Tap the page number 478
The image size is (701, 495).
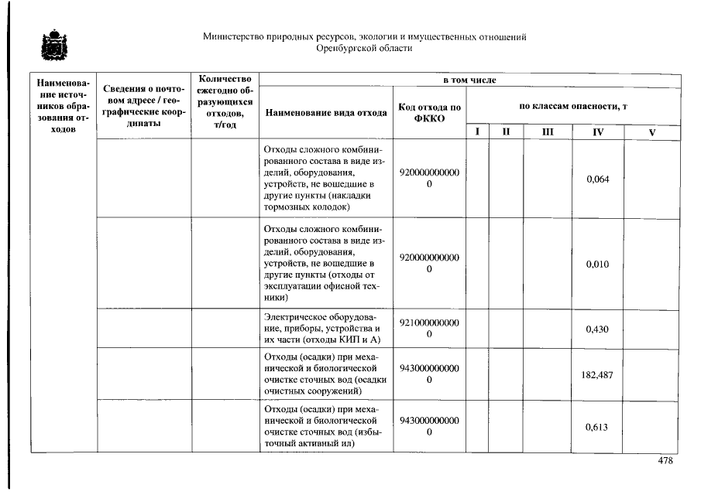pyautogui.click(x=665, y=461)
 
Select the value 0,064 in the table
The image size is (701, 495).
pyautogui.click(x=597, y=179)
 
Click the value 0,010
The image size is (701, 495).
pyautogui.click(x=597, y=264)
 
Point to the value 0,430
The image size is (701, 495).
pyautogui.click(x=597, y=329)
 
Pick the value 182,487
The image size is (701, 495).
pyautogui.click(x=597, y=374)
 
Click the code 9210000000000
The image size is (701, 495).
pyautogui.click(x=429, y=329)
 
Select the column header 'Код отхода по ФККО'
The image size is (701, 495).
pyautogui.click(x=429, y=112)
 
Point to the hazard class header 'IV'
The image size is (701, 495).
pyautogui.click(x=597, y=132)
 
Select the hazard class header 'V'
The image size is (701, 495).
pyautogui.click(x=651, y=132)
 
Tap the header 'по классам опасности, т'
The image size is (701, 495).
pyautogui.click(x=572, y=106)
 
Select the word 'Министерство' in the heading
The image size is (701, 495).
pyautogui.click(x=230, y=36)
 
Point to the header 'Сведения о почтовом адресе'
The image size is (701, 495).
pyautogui.click(x=143, y=106)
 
